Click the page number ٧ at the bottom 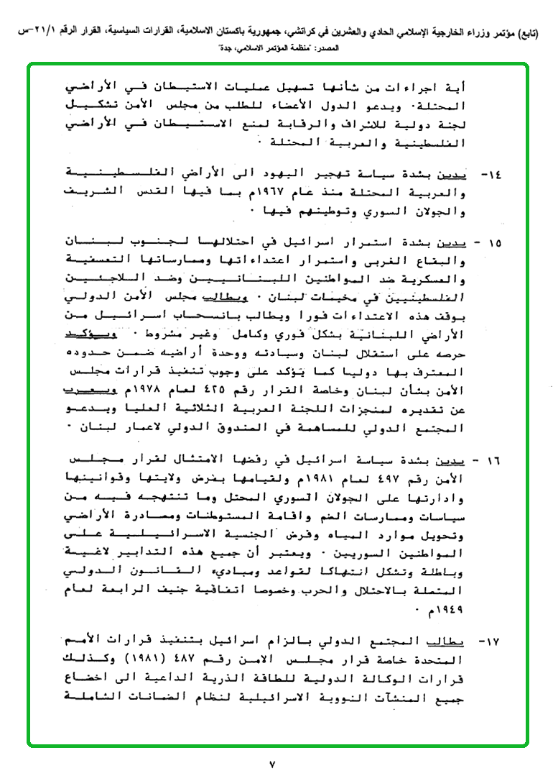272,764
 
